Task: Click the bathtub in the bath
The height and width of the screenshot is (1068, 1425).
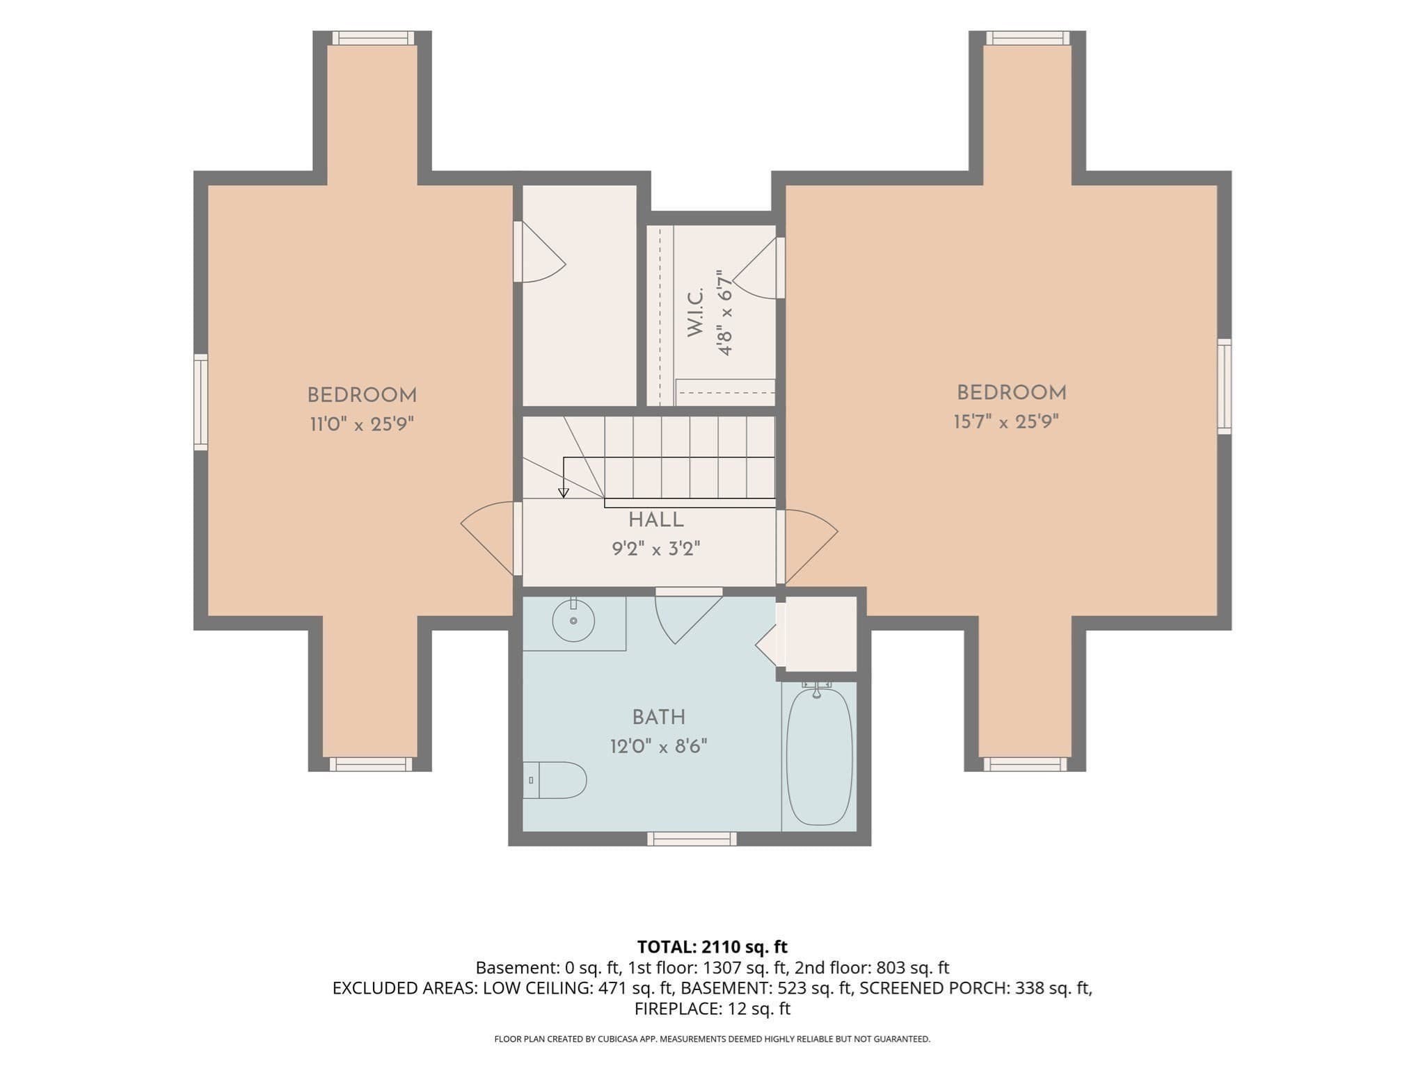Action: click(x=819, y=756)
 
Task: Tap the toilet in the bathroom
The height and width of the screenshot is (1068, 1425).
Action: click(x=555, y=780)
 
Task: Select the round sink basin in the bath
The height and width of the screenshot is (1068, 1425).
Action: click(x=573, y=620)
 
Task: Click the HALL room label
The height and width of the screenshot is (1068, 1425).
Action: click(x=655, y=520)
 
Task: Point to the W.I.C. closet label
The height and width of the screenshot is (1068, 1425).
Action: click(x=696, y=313)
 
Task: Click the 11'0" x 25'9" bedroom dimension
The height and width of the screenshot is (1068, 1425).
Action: click(x=362, y=424)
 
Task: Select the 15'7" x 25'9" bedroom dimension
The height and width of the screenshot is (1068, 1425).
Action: click(x=1006, y=422)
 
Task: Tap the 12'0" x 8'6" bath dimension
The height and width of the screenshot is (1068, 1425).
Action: click(x=659, y=747)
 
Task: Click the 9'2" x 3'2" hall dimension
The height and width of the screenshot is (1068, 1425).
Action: click(x=655, y=549)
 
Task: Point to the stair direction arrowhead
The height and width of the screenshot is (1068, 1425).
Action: click(x=564, y=493)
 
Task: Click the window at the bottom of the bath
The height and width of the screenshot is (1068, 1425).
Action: click(x=692, y=839)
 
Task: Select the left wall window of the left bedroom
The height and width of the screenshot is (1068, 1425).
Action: click(x=200, y=402)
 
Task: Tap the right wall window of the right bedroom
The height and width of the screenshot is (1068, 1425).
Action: click(x=1224, y=387)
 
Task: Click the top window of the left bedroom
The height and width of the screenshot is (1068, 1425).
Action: click(x=373, y=38)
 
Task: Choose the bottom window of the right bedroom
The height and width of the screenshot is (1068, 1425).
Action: click(x=1025, y=764)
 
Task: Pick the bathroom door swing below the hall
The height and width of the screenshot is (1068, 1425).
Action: click(x=689, y=615)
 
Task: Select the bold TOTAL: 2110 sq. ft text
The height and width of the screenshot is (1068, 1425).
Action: click(x=712, y=946)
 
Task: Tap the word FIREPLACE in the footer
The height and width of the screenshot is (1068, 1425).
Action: click(x=669, y=1008)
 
